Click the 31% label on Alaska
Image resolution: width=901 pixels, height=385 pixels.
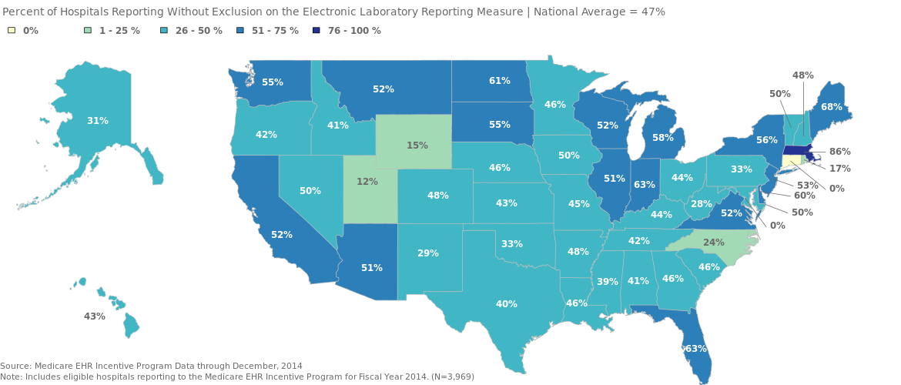point(97,121)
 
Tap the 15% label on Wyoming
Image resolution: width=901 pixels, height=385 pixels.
point(417,145)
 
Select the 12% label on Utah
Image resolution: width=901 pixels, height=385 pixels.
point(367,182)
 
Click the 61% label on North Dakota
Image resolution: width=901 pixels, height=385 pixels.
point(499,81)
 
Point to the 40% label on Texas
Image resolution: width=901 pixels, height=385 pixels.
point(506,304)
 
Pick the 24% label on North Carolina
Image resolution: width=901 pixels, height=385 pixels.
point(713,243)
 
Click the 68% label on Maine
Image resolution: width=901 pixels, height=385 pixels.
point(831,107)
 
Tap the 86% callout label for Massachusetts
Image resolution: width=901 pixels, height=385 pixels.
point(840,152)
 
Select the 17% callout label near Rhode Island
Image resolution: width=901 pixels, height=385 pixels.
point(839,168)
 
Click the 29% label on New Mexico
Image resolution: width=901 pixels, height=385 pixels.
point(427,253)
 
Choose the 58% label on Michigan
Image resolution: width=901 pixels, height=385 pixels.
point(662,138)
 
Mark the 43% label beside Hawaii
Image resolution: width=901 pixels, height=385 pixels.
point(94,316)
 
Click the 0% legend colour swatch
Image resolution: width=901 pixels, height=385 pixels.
point(12,31)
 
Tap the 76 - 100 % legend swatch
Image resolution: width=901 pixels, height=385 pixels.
point(317,31)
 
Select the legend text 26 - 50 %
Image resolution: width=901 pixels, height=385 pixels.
point(199,31)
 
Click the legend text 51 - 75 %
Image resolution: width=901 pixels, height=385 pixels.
point(275,31)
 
